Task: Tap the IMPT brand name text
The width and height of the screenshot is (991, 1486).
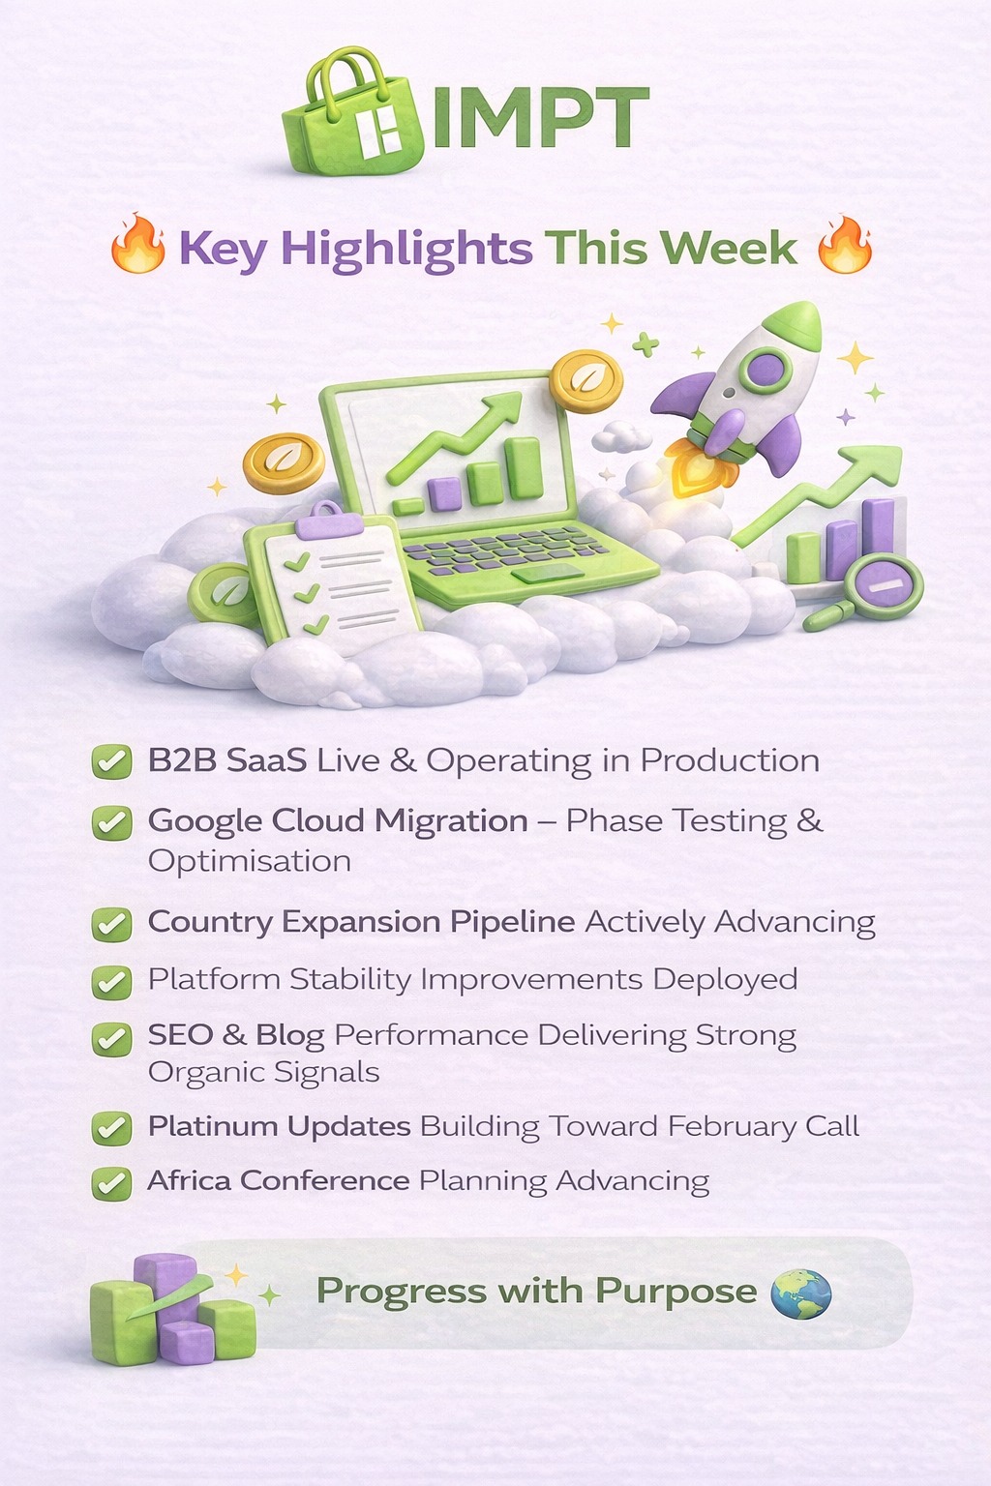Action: (x=540, y=117)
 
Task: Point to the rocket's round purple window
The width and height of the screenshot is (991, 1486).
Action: (x=766, y=370)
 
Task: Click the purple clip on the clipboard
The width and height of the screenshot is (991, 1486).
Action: (x=329, y=520)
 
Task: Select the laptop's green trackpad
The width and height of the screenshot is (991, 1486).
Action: (x=549, y=573)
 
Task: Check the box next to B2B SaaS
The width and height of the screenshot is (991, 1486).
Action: (x=111, y=761)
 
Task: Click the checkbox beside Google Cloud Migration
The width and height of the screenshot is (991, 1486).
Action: (x=111, y=822)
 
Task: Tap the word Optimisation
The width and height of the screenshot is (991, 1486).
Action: (x=250, y=861)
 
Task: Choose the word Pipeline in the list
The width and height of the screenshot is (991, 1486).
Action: (x=512, y=922)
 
